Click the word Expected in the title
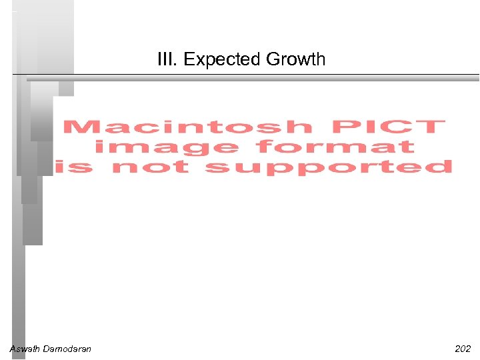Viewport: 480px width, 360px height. (x=222, y=60)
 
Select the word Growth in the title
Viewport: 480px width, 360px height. (x=295, y=60)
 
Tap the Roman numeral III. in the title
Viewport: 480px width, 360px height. (x=168, y=60)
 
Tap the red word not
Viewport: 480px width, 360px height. (x=151, y=167)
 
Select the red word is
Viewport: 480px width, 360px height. (x=75, y=167)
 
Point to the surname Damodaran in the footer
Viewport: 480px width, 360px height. (x=67, y=349)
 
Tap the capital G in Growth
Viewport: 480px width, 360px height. (x=272, y=60)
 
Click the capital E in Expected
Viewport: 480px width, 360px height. (x=188, y=60)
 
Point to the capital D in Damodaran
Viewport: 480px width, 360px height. (x=45, y=349)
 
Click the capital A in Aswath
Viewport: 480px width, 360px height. (x=12, y=349)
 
